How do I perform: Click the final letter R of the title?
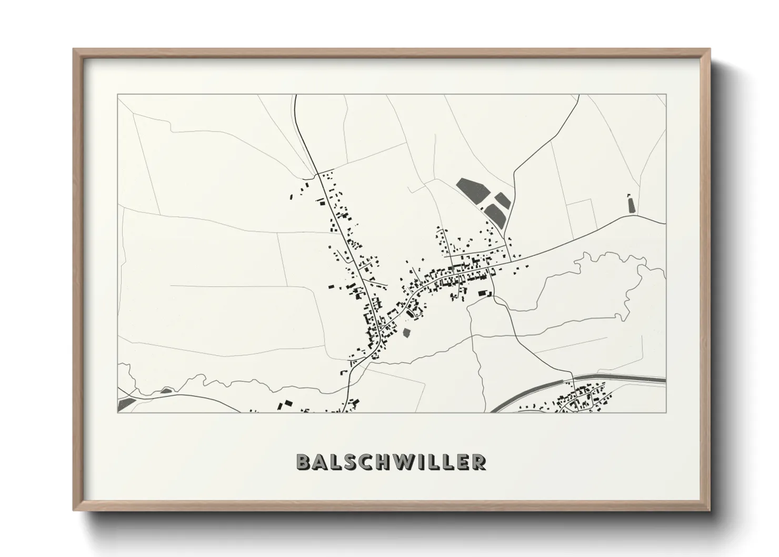click(x=478, y=462)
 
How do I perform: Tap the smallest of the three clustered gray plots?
click(x=502, y=200)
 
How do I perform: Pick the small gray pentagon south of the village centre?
click(x=406, y=333)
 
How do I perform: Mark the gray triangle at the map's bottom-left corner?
click(x=125, y=404)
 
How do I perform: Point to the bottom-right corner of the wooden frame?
click(x=708, y=509)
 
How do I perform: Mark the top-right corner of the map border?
click(x=666, y=95)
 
